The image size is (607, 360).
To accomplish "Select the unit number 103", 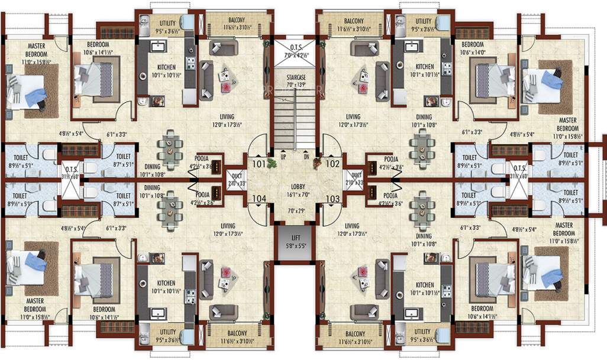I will pyautogui.click(x=332, y=199).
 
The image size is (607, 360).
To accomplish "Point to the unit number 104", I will pyautogui.click(x=258, y=199).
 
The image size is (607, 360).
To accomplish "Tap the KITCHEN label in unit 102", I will pyautogui.click(x=424, y=67).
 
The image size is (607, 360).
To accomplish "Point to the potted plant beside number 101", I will pyautogui.click(x=271, y=162).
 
